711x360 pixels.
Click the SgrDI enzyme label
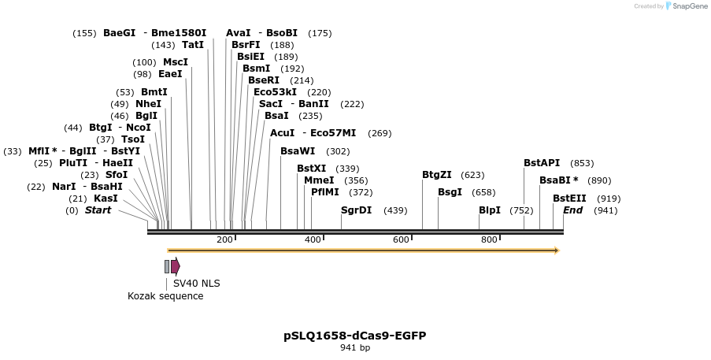click(356, 210)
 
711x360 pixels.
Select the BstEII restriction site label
click(569, 199)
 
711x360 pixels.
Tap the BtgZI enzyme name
click(437, 175)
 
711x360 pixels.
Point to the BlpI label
click(490, 210)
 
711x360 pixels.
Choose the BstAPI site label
click(542, 163)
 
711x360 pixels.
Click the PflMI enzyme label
click(325, 192)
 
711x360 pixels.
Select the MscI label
click(176, 62)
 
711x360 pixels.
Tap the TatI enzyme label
click(193, 45)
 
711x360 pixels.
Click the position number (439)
click(395, 210)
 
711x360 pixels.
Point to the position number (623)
click(472, 175)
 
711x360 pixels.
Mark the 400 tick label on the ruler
click(313, 239)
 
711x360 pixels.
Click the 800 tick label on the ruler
click(489, 239)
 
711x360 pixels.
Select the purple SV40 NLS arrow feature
click(176, 266)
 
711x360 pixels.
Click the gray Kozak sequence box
click(167, 266)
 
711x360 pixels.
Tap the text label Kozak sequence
click(165, 296)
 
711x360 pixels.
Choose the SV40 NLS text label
click(197, 284)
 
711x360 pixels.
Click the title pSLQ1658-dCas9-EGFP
click(355, 336)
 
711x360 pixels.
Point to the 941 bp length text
click(355, 347)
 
